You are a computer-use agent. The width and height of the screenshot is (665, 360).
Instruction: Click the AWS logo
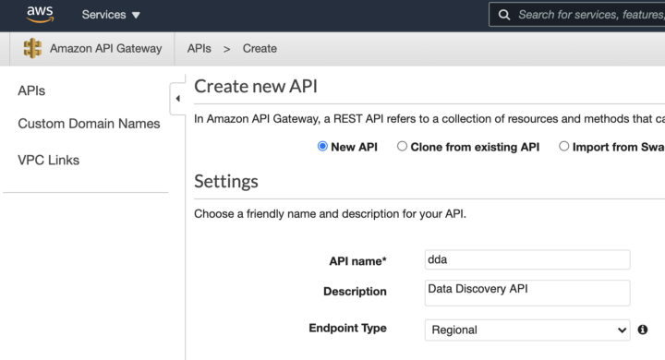(40, 14)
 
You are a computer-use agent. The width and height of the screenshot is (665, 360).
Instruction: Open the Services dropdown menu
(111, 15)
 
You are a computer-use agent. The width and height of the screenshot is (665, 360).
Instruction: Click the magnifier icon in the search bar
(504, 15)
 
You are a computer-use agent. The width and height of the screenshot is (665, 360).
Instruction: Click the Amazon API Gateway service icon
(32, 48)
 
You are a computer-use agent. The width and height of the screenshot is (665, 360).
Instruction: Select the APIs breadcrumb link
(199, 48)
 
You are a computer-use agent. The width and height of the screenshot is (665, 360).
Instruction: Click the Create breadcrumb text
(260, 48)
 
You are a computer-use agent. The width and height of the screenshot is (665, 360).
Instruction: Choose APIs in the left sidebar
(31, 90)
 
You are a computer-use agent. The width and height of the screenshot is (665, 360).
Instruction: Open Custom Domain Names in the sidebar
(89, 124)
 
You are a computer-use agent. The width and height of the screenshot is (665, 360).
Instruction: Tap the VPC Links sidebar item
(49, 160)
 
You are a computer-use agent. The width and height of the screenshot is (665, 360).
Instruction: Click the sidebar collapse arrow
(177, 98)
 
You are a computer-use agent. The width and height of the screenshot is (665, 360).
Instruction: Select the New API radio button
(322, 146)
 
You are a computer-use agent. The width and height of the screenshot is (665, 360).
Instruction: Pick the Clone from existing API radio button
(402, 146)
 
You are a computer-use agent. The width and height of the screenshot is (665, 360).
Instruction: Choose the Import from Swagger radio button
(564, 146)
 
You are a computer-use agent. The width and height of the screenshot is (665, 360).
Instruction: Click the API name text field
(526, 260)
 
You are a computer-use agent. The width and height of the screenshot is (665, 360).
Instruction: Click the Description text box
(526, 292)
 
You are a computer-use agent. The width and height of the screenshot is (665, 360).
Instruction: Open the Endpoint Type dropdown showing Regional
(526, 330)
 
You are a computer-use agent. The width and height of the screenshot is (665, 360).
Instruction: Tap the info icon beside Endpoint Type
(643, 330)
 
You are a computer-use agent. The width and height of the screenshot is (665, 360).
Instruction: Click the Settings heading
(226, 181)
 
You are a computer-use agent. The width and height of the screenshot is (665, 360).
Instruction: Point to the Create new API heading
(256, 87)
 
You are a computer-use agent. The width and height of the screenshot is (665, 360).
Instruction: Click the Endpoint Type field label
(347, 328)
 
